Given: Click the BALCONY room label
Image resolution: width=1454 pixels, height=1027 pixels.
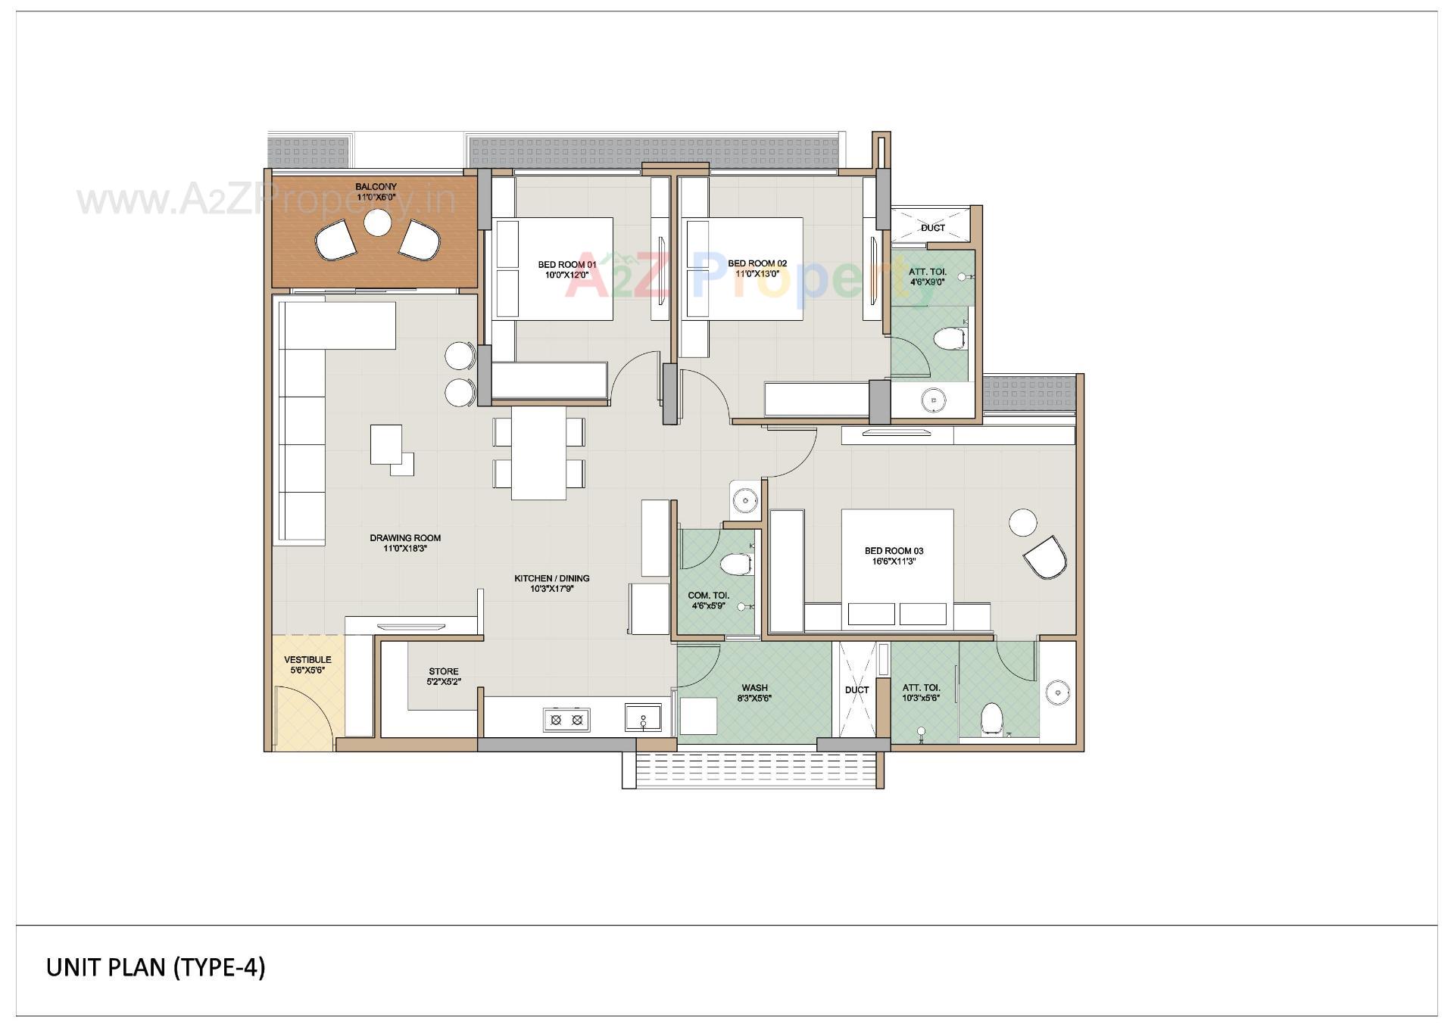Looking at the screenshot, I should coord(376,186).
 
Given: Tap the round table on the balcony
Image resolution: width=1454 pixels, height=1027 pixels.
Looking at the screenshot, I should coord(376,223).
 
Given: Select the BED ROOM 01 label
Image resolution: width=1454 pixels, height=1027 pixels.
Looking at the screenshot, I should coord(567,264).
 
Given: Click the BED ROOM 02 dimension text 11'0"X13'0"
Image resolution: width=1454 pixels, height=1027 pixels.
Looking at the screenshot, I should coord(757,274).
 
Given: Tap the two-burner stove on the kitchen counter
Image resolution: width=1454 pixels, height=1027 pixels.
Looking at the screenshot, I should coord(566,720).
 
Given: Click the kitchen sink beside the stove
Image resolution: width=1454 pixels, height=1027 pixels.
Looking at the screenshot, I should coord(643,717).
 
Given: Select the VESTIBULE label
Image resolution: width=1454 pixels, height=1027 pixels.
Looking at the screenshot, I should coord(307,660).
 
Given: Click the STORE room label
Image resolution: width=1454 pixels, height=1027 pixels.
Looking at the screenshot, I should coord(443,671).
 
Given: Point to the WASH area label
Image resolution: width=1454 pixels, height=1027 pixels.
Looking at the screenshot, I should coord(754,688).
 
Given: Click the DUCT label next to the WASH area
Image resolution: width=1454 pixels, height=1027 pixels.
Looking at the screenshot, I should coord(856,690).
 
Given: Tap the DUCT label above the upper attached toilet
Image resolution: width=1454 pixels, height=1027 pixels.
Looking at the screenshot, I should coord(932,228).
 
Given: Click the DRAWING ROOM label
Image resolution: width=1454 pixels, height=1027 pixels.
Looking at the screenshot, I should coord(405,538).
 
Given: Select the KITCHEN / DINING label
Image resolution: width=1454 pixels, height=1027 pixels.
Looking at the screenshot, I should coord(551,578).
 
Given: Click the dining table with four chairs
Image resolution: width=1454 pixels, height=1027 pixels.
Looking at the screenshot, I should coord(538,453).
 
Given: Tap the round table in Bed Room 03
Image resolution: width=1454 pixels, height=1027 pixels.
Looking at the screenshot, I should coord(1022,523).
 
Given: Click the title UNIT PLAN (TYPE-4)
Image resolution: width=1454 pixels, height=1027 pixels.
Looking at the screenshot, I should coord(156,967).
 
